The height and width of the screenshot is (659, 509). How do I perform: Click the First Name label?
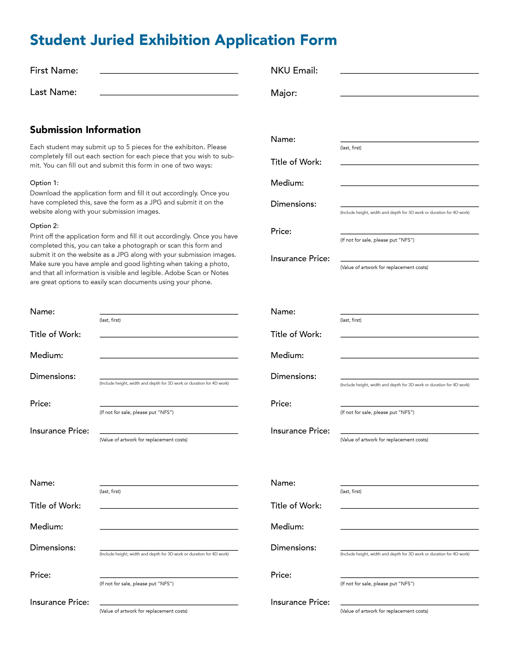click(x=54, y=71)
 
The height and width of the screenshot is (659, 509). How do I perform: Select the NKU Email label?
click(x=294, y=71)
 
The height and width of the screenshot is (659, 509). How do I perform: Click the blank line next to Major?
click(x=409, y=94)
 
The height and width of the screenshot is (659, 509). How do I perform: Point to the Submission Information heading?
click(x=85, y=130)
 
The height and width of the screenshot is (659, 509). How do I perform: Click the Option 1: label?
click(x=44, y=183)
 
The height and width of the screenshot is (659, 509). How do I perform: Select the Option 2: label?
click(x=44, y=226)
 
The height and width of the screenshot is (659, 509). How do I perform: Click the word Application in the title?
click(x=255, y=40)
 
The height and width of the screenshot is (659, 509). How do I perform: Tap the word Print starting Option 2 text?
click(x=37, y=236)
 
